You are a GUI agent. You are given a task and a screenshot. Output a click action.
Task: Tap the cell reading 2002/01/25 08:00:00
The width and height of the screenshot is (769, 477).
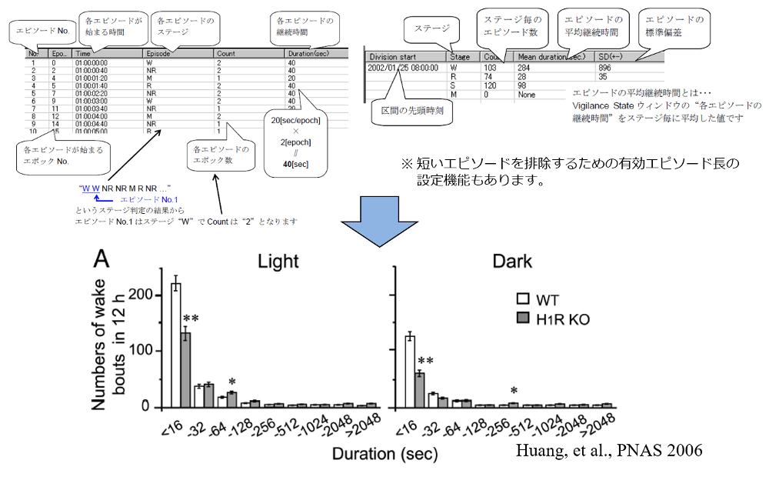coord(404,67)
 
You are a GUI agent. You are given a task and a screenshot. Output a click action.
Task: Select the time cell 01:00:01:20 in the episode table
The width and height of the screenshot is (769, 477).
coord(92,78)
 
